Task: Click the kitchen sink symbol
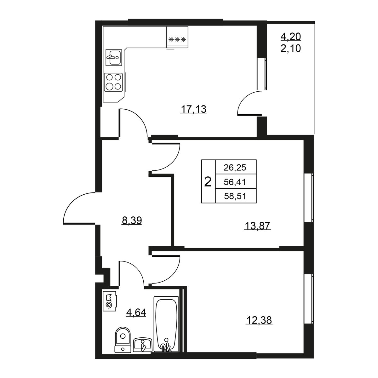coord(114,57)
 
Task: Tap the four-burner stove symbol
coord(113,82)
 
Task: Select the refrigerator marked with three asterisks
coord(177,37)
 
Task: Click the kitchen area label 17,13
coord(194,109)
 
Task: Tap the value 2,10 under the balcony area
coord(290,48)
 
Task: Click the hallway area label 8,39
coord(132,220)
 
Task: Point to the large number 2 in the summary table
coord(208,182)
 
